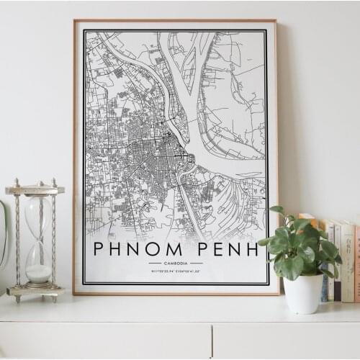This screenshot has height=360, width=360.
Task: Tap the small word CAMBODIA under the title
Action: pos(176,264)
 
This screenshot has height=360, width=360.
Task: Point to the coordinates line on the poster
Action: pos(176,271)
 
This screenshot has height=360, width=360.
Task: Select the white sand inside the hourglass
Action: pos(38,273)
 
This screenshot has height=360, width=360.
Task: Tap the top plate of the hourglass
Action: pos(35,190)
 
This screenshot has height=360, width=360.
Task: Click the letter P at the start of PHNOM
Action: pos(99,249)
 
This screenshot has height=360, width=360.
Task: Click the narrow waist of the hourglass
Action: pos(37,240)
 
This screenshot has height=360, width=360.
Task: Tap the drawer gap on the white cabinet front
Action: pos(212,342)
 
